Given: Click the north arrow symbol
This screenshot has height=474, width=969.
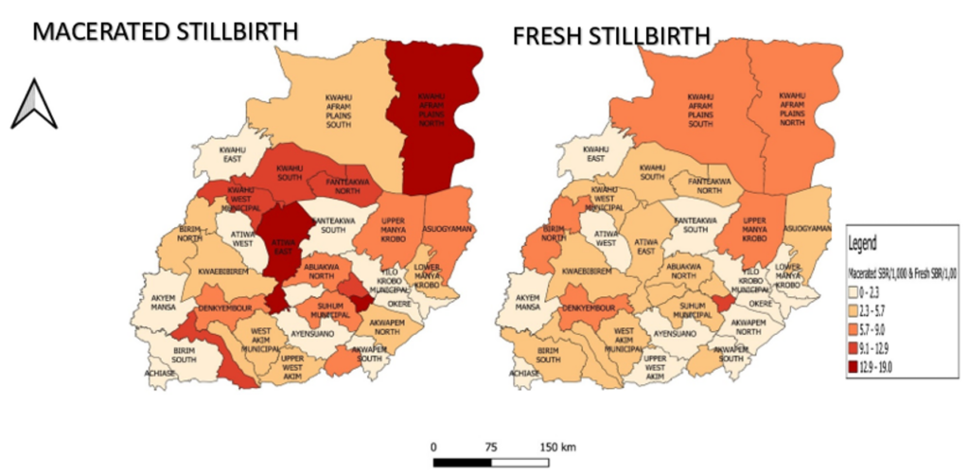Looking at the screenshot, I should coord(33,104).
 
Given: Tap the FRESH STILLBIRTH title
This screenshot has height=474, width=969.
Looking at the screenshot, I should coord(611,37).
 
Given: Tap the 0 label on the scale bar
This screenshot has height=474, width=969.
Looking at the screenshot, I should coord(433,447).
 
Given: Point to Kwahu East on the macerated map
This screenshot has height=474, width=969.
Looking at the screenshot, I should coord(232,154).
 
